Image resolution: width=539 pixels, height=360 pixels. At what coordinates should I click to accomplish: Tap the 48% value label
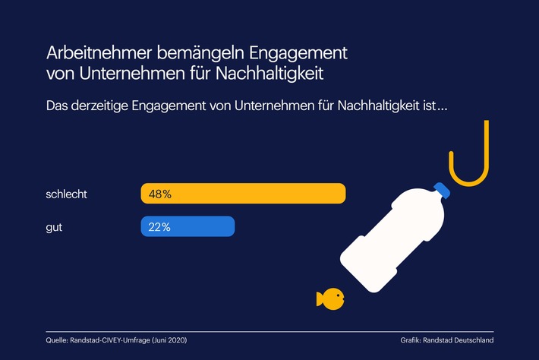pos(160,194)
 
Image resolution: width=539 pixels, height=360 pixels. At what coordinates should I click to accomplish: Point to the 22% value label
pos(159,226)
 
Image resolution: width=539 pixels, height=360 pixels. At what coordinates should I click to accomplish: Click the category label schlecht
pos(67,194)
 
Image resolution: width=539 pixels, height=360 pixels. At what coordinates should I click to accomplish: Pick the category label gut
pos(55,226)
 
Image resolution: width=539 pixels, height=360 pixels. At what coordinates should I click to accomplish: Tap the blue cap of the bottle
pos(442,191)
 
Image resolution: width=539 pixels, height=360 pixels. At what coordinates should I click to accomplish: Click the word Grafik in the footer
pos(411,340)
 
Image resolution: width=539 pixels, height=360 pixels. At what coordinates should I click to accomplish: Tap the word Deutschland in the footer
pos(473,340)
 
